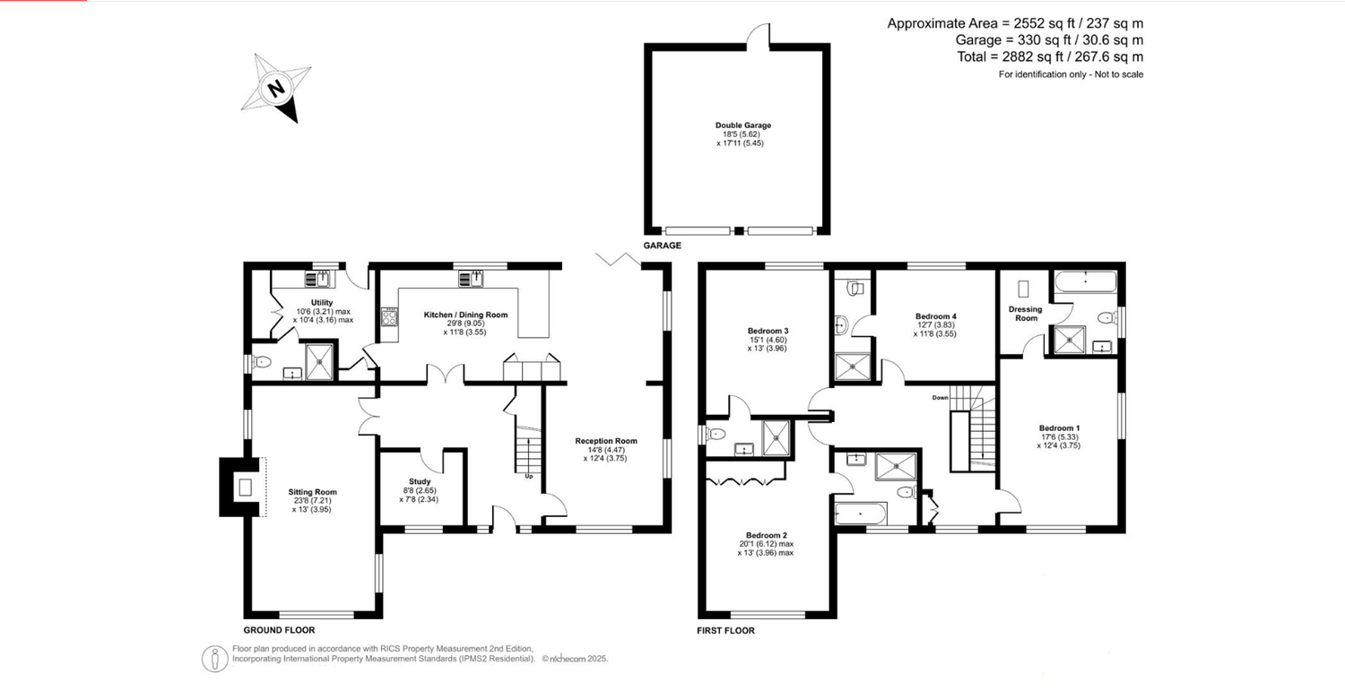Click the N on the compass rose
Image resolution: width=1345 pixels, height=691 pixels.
coord(276,89)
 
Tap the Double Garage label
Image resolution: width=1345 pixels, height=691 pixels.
coord(742,125)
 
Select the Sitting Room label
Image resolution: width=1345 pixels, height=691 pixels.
coord(312,492)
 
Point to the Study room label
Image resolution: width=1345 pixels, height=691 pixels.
coord(420,481)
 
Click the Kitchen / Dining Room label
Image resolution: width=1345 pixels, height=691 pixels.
coord(465,315)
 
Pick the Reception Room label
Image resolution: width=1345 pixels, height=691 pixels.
coord(606,441)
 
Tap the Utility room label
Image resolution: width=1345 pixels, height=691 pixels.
coord(322,303)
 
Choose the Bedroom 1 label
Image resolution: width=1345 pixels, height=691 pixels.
coord(1059,428)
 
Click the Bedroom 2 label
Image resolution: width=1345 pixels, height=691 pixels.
coord(766,535)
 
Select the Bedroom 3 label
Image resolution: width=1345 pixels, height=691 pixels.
coord(768,331)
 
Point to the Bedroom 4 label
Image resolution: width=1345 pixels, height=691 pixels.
coord(935,316)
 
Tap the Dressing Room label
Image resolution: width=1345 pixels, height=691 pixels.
coord(1026,314)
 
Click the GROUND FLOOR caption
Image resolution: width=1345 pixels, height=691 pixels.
coord(279,630)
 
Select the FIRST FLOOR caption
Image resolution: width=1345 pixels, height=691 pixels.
coord(726,630)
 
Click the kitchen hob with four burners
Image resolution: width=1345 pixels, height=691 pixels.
coord(389,316)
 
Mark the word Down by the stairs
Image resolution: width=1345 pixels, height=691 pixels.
coord(941,397)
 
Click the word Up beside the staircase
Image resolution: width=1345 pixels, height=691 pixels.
coord(529,476)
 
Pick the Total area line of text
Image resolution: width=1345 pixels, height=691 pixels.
coord(1050,57)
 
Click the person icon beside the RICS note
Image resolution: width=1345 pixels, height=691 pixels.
coord(214,659)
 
